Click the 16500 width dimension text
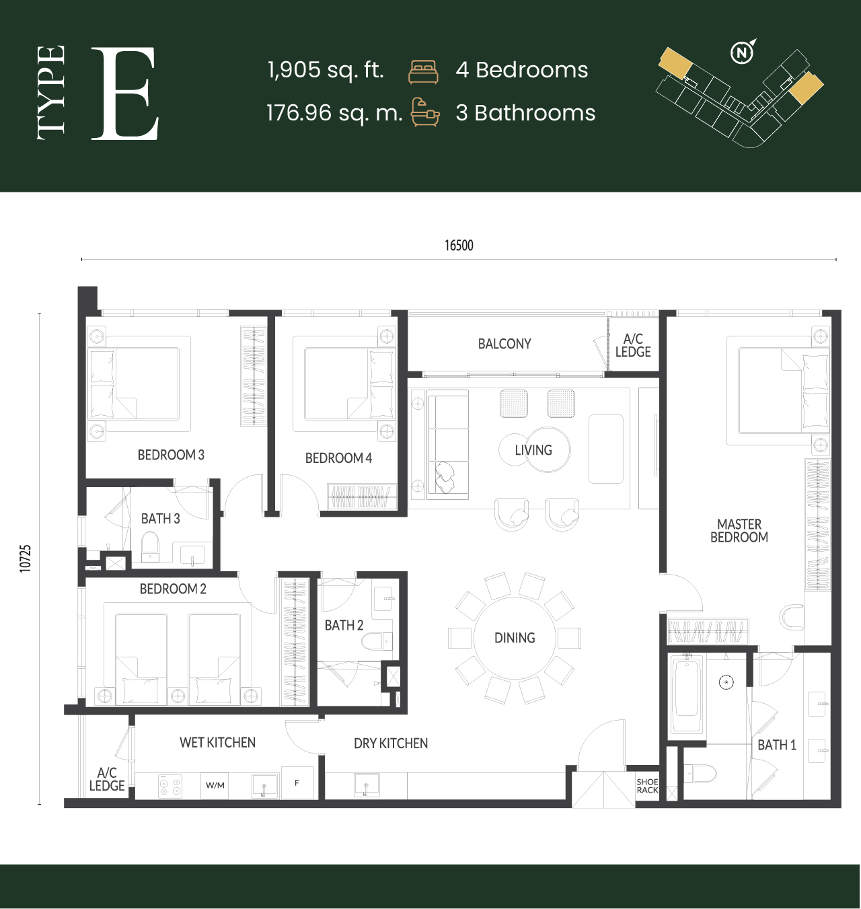[459, 246]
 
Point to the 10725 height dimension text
[26, 558]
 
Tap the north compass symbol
[743, 52]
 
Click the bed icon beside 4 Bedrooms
[423, 72]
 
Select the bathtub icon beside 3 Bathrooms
[425, 112]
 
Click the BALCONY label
[504, 344]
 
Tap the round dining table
[515, 638]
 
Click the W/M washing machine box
[215, 785]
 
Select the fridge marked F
[297, 783]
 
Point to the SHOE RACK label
[647, 786]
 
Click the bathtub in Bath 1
[686, 695]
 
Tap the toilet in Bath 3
[150, 546]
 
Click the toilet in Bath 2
[377, 641]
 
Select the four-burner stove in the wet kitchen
[170, 786]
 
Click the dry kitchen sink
[367, 785]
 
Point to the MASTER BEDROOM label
[739, 530]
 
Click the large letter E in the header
[125, 93]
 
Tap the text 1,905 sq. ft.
[326, 70]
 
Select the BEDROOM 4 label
[338, 458]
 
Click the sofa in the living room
[447, 445]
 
